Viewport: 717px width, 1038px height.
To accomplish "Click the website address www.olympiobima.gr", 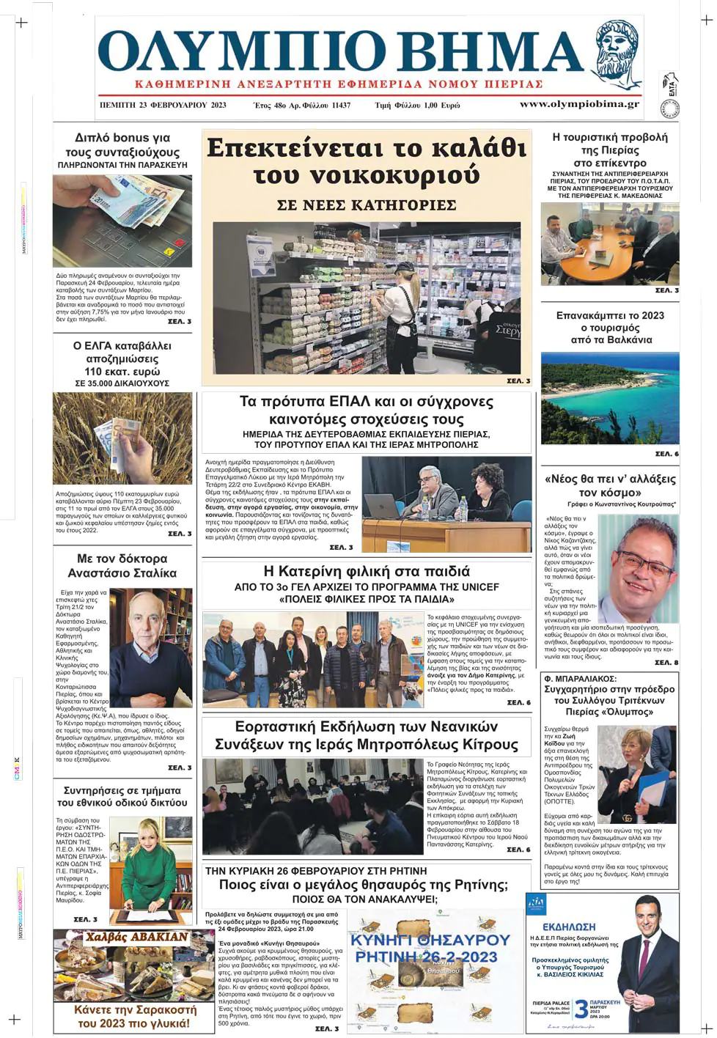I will coord(579,104).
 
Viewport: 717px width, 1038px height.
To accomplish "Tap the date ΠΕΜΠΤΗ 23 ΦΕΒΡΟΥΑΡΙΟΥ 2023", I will coord(163,105).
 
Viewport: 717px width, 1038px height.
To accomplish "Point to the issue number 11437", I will coord(341,105).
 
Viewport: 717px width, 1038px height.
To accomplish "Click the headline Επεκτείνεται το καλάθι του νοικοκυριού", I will coord(367,162).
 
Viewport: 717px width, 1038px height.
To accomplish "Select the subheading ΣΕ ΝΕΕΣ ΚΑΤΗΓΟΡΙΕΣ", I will coord(367,205).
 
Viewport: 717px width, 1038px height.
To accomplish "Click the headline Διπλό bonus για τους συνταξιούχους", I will coord(122,145).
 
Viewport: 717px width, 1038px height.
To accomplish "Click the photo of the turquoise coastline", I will coord(610,398).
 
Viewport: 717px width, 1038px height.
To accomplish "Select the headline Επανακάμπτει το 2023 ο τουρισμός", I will coord(610,328).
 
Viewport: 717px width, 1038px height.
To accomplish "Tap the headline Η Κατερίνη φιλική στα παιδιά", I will coord(367,572).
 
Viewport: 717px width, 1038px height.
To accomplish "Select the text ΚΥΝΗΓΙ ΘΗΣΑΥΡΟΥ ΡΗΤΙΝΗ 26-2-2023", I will coord(430,948).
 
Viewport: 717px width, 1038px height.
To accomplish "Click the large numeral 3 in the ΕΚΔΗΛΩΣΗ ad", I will coord(581,1009).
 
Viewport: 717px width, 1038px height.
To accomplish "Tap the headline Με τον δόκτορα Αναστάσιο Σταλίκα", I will coord(122,566).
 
